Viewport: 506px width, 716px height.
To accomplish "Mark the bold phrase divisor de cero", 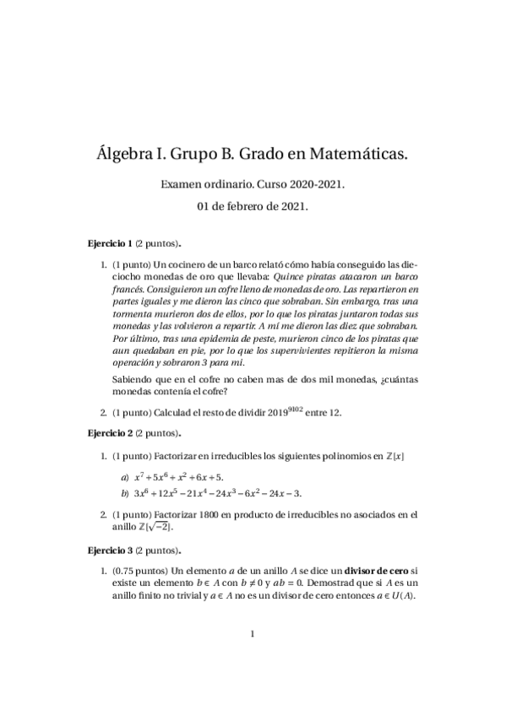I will (373, 572).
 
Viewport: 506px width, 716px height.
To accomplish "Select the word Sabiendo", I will (133, 380).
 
